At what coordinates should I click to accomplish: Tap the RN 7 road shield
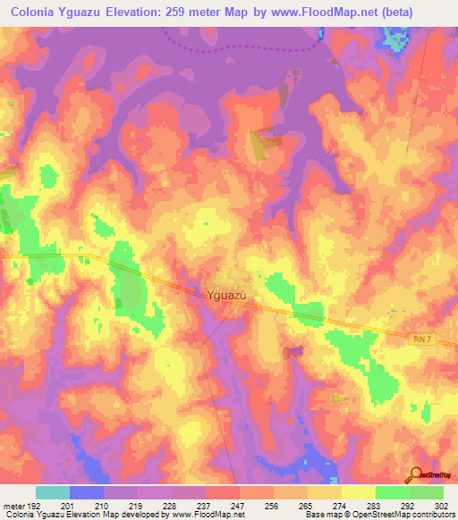click(422, 338)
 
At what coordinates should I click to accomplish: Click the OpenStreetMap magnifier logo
click(415, 474)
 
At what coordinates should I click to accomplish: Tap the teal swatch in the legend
click(53, 492)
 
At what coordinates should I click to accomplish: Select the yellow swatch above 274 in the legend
click(324, 492)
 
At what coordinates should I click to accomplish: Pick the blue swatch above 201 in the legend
click(87, 492)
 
